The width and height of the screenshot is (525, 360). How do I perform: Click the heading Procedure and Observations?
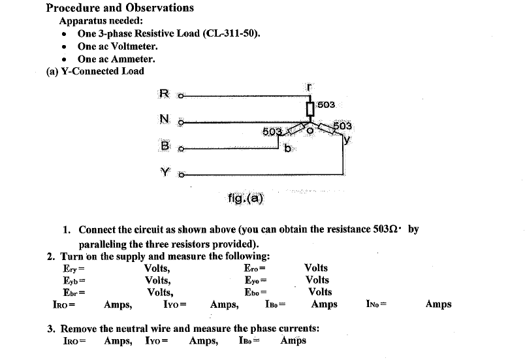coord(120,8)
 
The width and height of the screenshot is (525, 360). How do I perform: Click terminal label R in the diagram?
coord(164,93)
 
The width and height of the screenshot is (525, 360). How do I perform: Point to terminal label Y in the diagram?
coord(165,173)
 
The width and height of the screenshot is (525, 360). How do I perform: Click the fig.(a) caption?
coord(246,198)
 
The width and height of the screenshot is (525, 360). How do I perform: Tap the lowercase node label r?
coord(311,87)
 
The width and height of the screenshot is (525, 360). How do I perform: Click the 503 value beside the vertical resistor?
coord(326,105)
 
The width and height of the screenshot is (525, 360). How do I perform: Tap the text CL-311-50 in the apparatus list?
coord(234,33)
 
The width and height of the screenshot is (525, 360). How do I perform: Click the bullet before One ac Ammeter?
coord(63,59)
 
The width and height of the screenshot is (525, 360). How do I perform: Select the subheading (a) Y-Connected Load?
coord(95,71)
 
